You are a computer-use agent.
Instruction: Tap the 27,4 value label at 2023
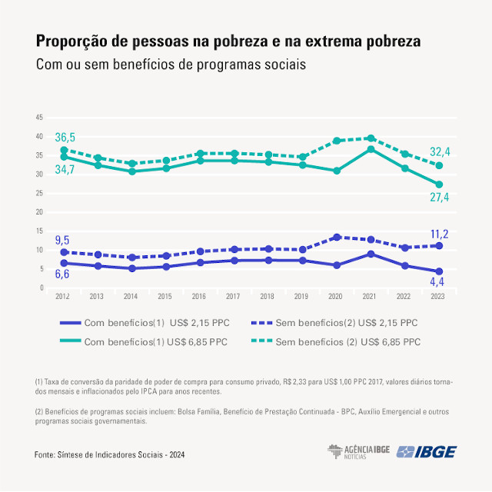pyautogui.click(x=440, y=198)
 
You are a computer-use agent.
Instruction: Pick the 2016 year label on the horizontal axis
pyautogui.click(x=200, y=295)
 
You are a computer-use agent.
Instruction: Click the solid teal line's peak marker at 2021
pyautogui.click(x=371, y=149)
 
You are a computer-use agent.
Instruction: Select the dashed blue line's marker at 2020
pyautogui.click(x=337, y=238)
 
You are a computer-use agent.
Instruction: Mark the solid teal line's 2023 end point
pyautogui.click(x=439, y=184)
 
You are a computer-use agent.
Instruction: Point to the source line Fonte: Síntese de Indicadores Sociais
pyautogui.click(x=109, y=455)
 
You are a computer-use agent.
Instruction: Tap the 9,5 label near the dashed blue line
pyautogui.click(x=63, y=240)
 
